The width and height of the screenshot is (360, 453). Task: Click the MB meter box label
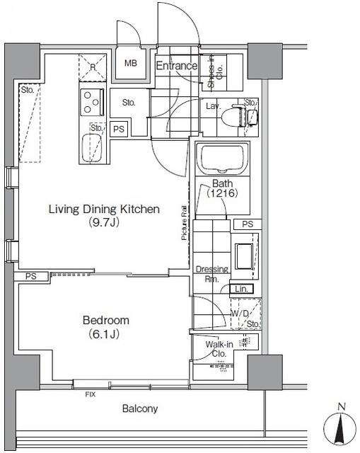pyautogui.click(x=130, y=63)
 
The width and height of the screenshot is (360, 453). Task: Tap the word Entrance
pyautogui.click(x=177, y=66)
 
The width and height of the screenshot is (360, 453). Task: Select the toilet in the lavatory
pyautogui.click(x=234, y=116)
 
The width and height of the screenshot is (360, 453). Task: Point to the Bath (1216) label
pyautogui.click(x=222, y=188)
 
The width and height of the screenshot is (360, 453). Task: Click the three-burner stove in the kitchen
pyautogui.click(x=92, y=102)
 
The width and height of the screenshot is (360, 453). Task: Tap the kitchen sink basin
pyautogui.click(x=92, y=149)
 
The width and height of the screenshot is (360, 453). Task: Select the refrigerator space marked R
pyautogui.click(x=93, y=67)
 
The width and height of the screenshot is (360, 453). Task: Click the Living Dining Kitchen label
pyautogui.click(x=104, y=215)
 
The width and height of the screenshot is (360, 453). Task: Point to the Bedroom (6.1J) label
pyautogui.click(x=105, y=327)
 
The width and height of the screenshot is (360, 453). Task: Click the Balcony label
pyautogui.click(x=140, y=408)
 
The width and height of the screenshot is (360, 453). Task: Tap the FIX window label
pyautogui.click(x=90, y=394)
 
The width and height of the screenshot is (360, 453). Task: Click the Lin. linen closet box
pyautogui.click(x=242, y=289)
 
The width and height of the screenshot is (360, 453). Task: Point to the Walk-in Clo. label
pyautogui.click(x=219, y=349)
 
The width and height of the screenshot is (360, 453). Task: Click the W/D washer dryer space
pyautogui.click(x=246, y=314)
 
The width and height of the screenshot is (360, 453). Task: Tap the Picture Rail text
pyautogui.click(x=184, y=223)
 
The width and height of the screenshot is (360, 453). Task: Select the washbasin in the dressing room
pyautogui.click(x=244, y=256)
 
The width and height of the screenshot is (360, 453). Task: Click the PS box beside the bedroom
pyautogui.click(x=31, y=277)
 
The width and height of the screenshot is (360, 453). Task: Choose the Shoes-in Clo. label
pyautogui.click(x=215, y=72)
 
